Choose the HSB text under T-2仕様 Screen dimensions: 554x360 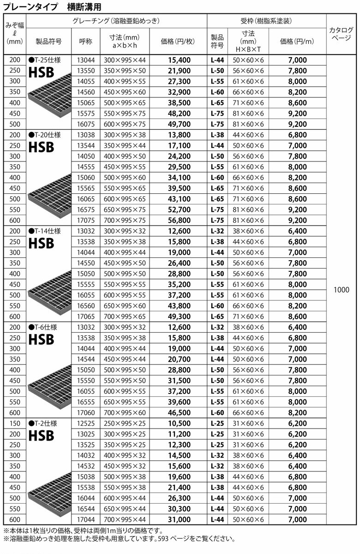coord(41,435)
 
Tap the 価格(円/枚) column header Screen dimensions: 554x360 coord(178,41)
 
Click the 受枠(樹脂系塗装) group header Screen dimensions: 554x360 coord(266,21)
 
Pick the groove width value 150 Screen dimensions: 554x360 coord(14,423)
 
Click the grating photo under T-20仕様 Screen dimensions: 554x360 coord(48,198)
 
